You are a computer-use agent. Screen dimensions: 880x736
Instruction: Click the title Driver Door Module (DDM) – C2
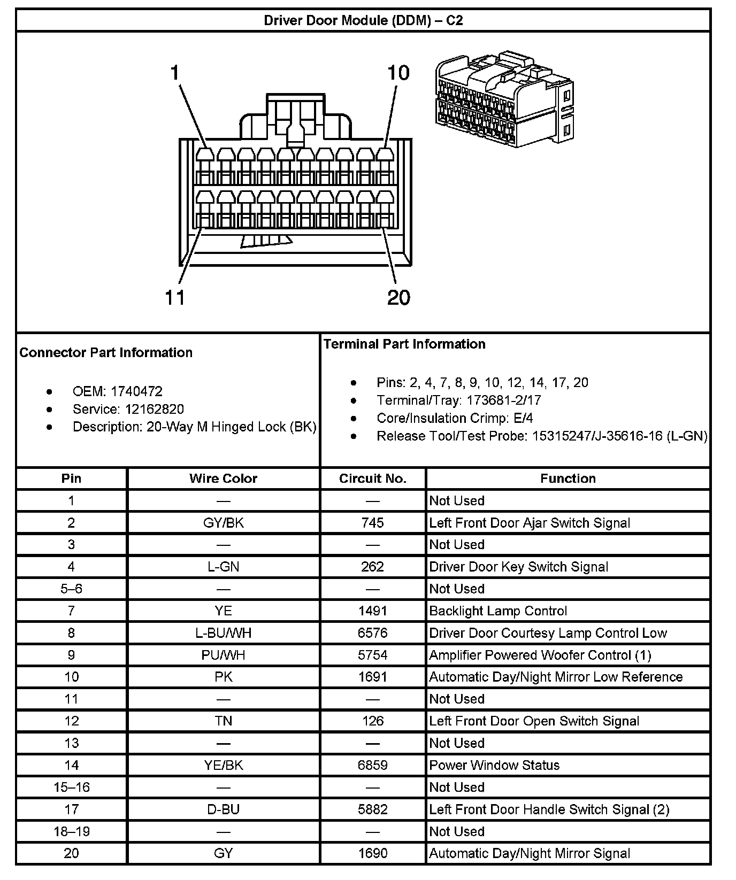point(363,20)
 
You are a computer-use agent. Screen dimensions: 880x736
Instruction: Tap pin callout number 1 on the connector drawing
point(174,72)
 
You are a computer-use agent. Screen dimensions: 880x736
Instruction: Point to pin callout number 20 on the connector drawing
point(398,297)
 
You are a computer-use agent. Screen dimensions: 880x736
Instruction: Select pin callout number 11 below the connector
point(175,297)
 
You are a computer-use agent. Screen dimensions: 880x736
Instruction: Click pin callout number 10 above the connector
point(398,72)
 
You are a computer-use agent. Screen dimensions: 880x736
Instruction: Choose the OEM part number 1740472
point(136,391)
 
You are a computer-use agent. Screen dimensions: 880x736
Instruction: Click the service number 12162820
point(155,409)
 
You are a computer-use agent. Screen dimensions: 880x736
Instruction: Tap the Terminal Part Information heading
point(404,344)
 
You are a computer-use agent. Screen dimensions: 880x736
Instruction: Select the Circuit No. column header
point(373,478)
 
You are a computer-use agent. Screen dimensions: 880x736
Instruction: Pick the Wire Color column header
point(223,478)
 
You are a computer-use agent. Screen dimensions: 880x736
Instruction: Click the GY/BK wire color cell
point(223,522)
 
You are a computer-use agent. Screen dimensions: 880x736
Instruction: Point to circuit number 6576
point(373,633)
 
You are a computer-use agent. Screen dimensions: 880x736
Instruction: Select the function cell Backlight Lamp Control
point(498,611)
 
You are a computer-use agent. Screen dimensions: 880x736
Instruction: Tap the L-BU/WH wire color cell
point(223,633)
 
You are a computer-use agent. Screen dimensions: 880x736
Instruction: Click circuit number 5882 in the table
point(373,809)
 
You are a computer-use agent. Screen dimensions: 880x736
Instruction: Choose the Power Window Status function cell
point(494,765)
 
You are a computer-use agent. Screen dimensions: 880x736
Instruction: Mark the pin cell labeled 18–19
point(72,831)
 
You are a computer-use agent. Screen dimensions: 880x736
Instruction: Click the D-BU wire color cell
point(223,809)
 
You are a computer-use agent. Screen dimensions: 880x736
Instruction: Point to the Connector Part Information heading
point(106,352)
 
